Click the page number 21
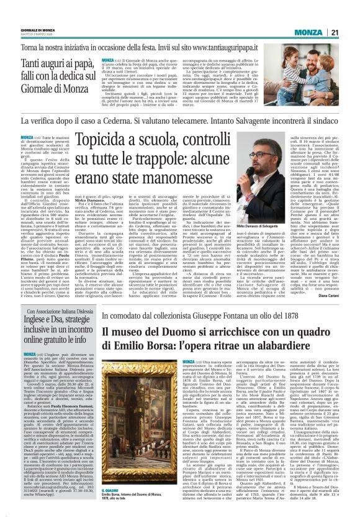pos(351,32)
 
